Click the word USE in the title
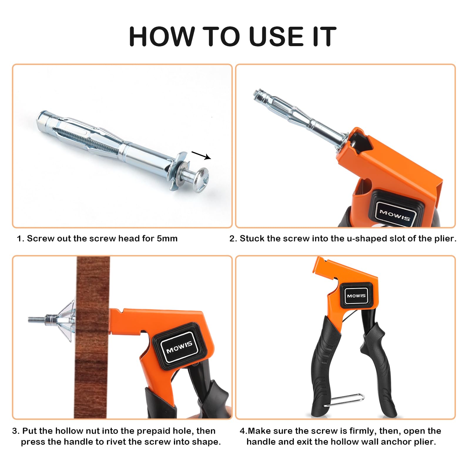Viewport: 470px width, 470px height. pos(276,36)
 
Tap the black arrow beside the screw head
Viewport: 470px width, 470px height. pos(201,155)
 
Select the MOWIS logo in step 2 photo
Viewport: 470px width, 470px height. pos(395,215)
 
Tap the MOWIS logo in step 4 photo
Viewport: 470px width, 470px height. pos(356,296)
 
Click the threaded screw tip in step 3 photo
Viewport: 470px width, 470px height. pos(37,319)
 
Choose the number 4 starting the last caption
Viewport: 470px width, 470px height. pos(242,431)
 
